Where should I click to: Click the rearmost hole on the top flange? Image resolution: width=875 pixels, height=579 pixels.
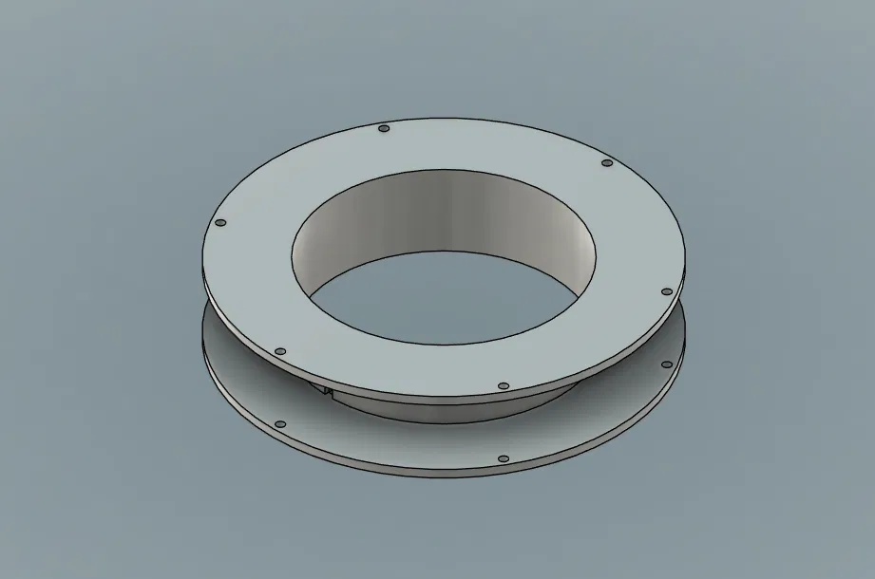click(x=384, y=128)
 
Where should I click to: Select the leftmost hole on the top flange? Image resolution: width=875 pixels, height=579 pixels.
click(x=220, y=223)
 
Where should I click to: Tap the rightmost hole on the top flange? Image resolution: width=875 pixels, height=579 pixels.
click(x=666, y=291)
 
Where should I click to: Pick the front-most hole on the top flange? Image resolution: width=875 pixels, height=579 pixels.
click(x=504, y=386)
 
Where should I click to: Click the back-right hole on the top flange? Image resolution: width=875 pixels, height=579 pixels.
click(x=607, y=164)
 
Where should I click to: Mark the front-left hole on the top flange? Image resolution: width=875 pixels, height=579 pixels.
click(x=279, y=351)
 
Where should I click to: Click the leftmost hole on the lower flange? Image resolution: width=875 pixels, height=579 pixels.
click(x=279, y=424)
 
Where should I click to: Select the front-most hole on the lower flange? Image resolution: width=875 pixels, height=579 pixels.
click(x=504, y=458)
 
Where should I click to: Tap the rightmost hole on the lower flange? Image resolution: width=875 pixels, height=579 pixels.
click(x=668, y=363)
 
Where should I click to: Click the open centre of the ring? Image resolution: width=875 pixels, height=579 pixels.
click(x=447, y=294)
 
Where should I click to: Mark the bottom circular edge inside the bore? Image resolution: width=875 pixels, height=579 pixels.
click(x=447, y=252)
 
